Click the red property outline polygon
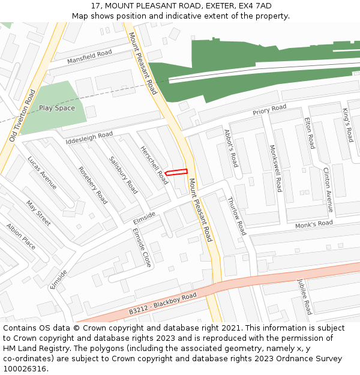coord(176,172)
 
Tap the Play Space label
coord(57,108)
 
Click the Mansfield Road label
coord(89,57)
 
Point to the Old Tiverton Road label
coord(23,116)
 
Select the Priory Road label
coord(269,110)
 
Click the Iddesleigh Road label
coord(89,138)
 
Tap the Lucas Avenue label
coord(42,173)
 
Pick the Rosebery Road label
coord(93,185)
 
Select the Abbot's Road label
coord(231,148)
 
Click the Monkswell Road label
coord(275,168)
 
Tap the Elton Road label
coord(310,133)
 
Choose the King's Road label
coord(347,124)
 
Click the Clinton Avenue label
coord(328,190)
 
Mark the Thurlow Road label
coord(237,215)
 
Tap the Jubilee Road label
coord(305,296)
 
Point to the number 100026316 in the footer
coord(25,368)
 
